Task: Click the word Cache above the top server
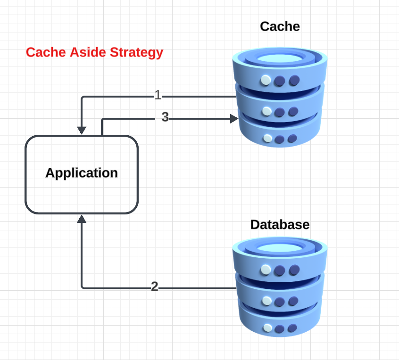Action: pyautogui.click(x=280, y=26)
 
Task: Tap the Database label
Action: pyautogui.click(x=280, y=224)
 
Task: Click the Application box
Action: pyautogui.click(x=82, y=174)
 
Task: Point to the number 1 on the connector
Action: pyautogui.click(x=158, y=96)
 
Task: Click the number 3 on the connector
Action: pyautogui.click(x=165, y=117)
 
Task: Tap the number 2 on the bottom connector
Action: pyautogui.click(x=155, y=286)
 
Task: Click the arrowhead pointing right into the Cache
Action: pyautogui.click(x=233, y=119)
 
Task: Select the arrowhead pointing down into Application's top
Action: pyautogui.click(x=82, y=130)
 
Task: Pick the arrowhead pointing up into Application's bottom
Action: pyautogui.click(x=82, y=219)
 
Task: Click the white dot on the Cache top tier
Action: pyautogui.click(x=266, y=80)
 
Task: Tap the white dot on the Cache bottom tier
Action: pyautogui.click(x=268, y=139)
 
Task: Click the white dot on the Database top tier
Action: pyautogui.click(x=266, y=270)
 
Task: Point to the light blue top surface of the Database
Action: pyautogui.click(x=280, y=248)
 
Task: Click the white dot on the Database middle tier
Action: pyautogui.click(x=267, y=300)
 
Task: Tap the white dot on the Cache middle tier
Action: pyautogui.click(x=267, y=111)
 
